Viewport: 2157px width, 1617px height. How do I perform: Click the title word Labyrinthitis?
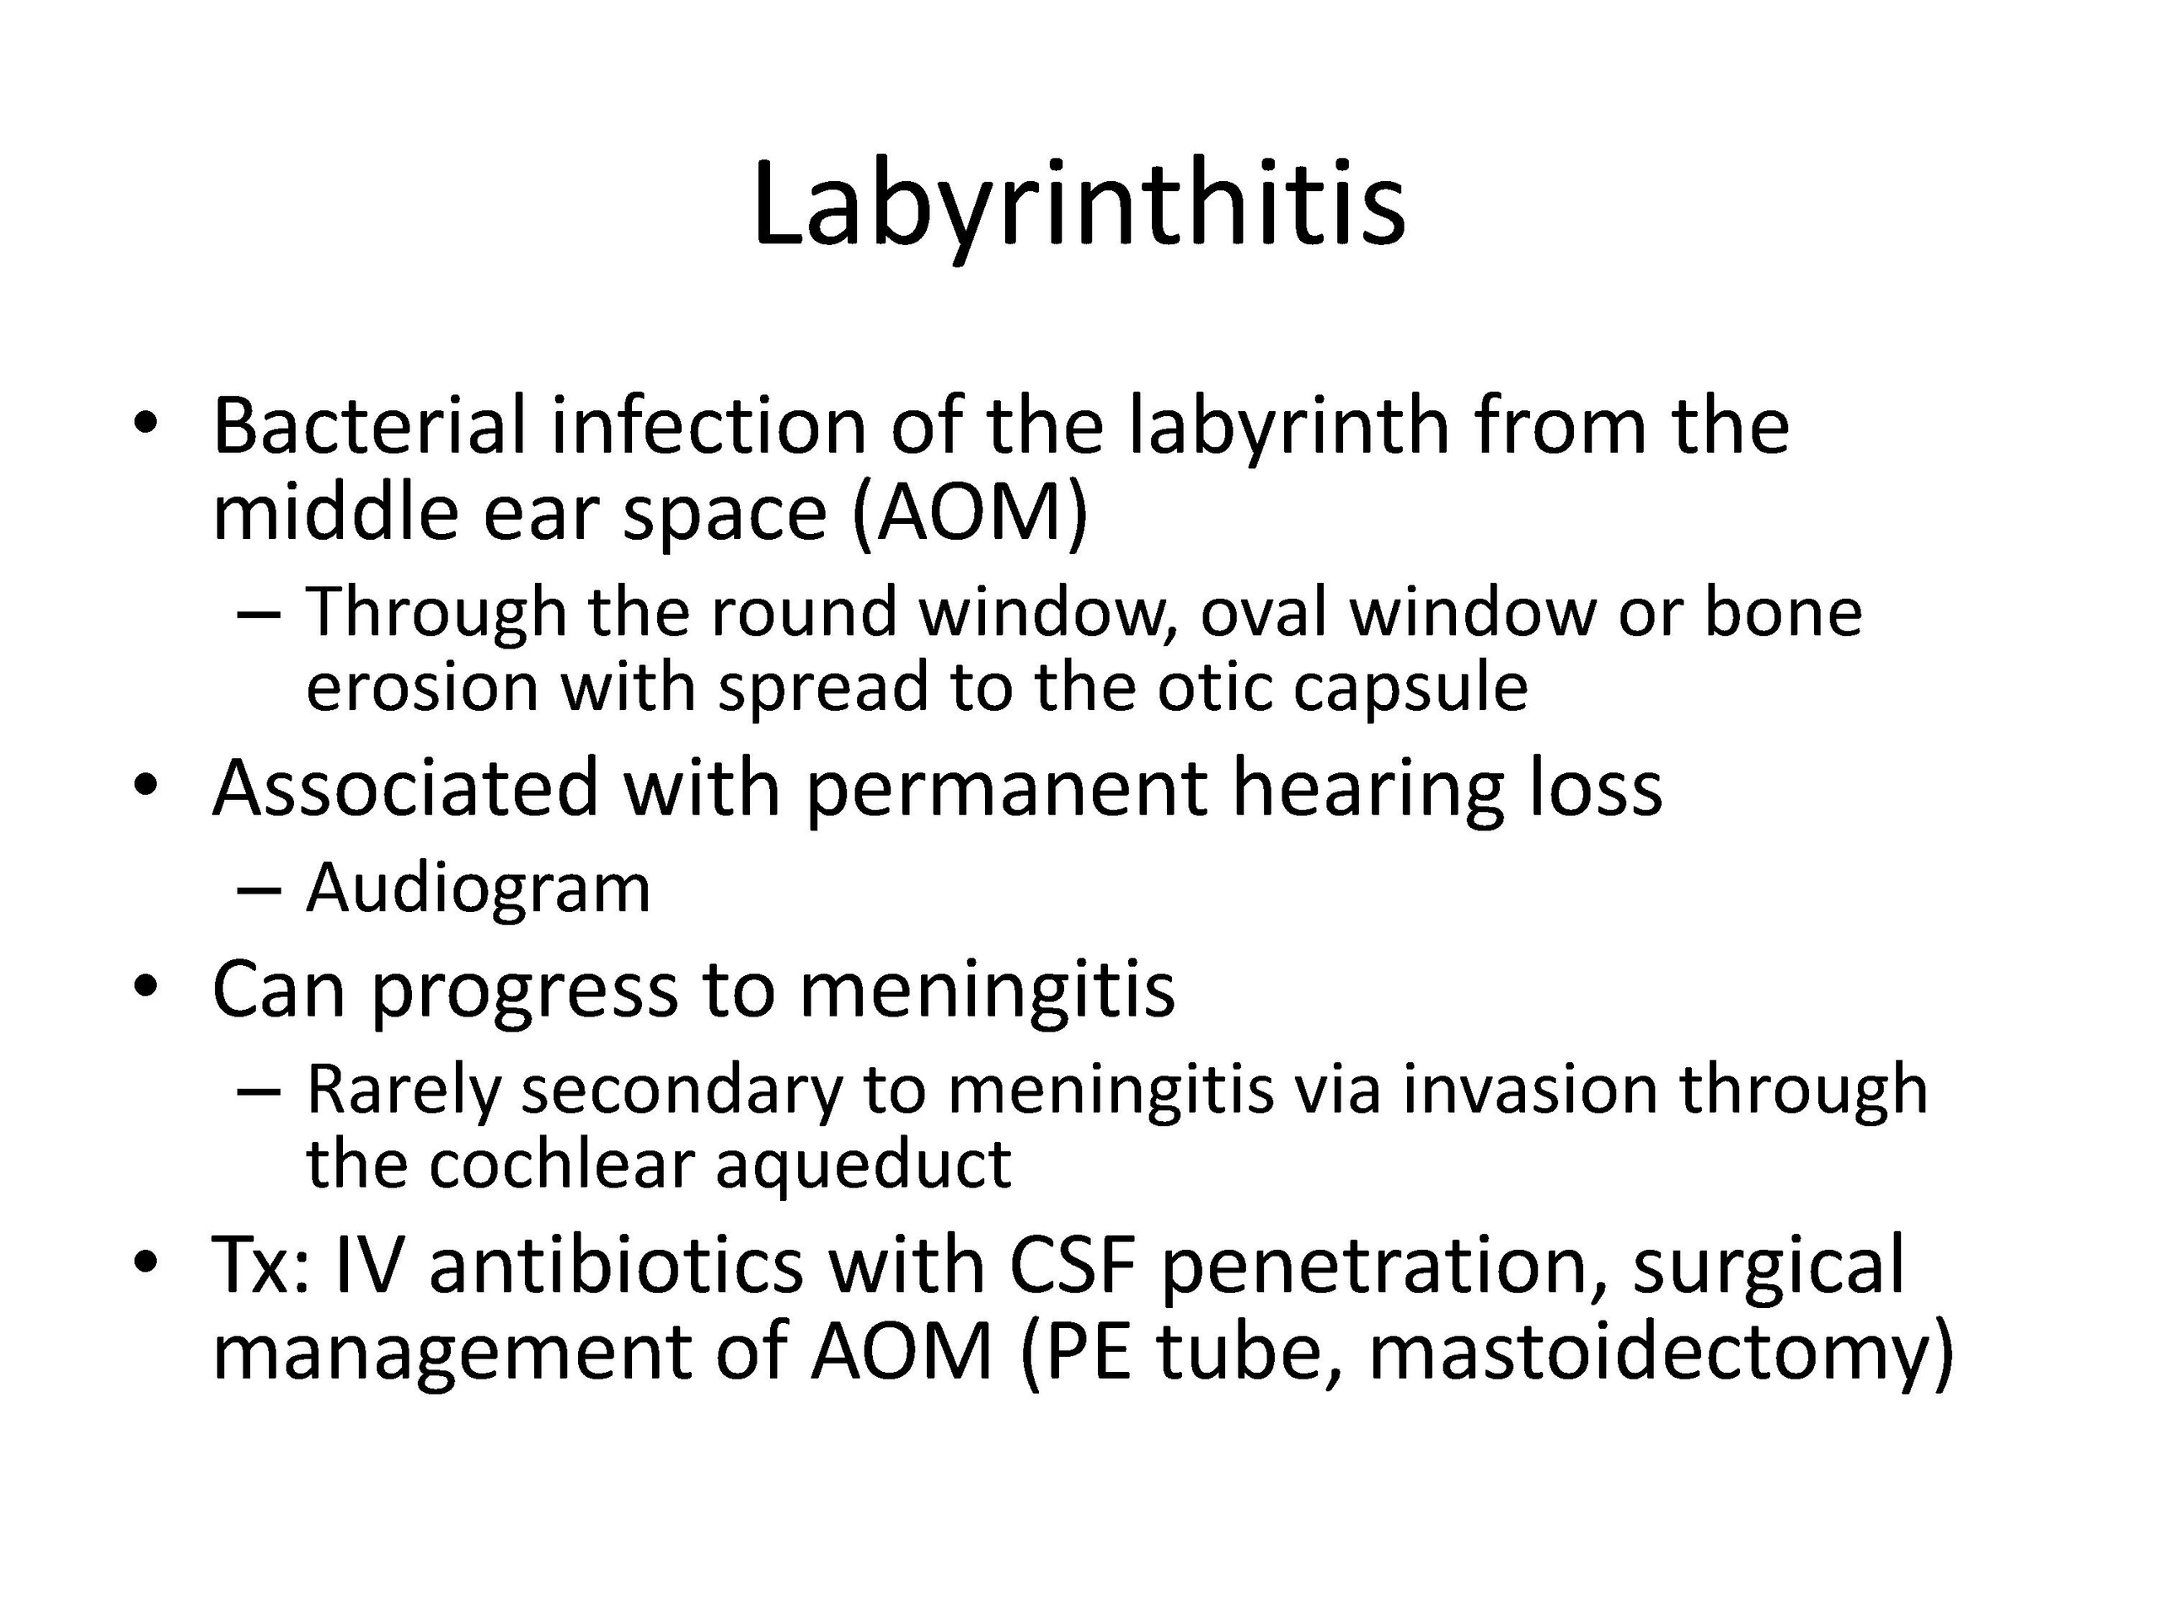[x=1078, y=208]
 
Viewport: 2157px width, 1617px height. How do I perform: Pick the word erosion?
[x=422, y=688]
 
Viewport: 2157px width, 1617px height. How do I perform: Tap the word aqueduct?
[x=863, y=1166]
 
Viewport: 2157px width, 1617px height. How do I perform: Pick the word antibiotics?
[x=616, y=1265]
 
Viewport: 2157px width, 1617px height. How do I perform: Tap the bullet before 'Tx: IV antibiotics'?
[x=147, y=1262]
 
